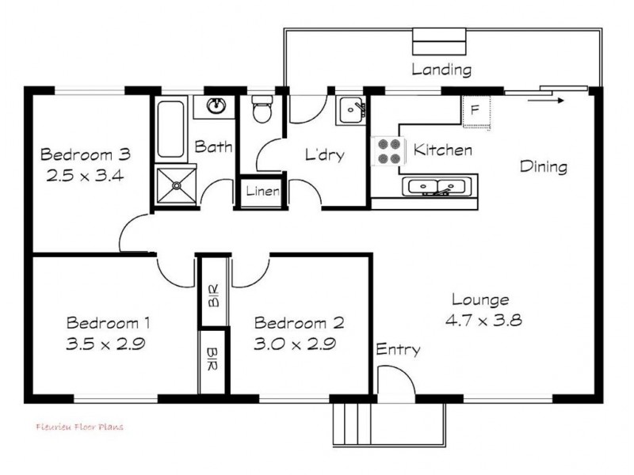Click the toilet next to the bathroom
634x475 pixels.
pos(262,108)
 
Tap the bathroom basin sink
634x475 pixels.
pos(216,106)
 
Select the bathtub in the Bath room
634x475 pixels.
pos(170,129)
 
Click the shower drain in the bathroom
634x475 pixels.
pos(176,185)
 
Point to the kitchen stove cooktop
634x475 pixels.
pos(388,151)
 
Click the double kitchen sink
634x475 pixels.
pos(437,187)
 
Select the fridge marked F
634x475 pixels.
pos(476,112)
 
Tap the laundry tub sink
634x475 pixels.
pos(351,110)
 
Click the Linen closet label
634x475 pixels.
pos(262,191)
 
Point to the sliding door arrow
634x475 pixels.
pos(545,101)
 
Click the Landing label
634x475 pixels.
pos(441,70)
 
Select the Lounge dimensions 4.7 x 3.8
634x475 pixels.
pos(483,321)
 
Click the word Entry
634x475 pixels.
pos(398,349)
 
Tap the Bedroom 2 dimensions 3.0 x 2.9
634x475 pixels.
pos(295,344)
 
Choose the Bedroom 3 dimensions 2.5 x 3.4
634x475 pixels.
pos(85,176)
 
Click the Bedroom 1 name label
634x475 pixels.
pos(108,323)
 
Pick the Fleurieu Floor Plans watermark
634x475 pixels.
pos(80,427)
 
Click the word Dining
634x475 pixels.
pos(544,166)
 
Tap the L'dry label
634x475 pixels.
pos(325,154)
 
